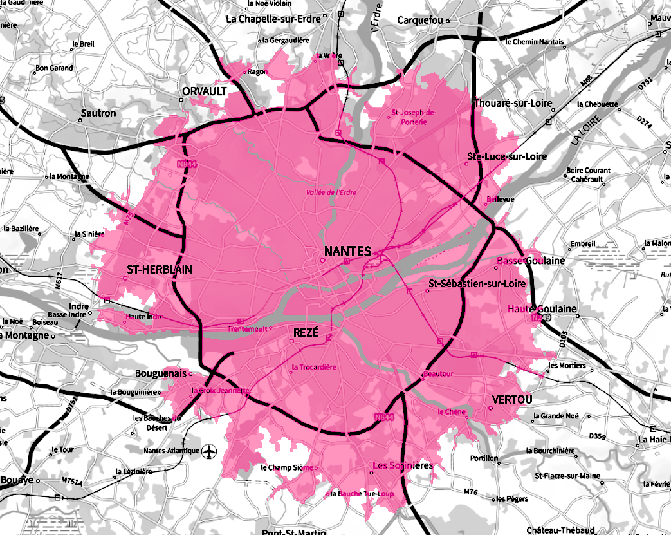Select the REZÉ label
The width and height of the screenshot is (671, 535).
306,332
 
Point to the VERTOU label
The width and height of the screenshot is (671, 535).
512,400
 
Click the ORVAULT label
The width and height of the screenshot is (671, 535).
205,91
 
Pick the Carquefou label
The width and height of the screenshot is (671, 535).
419,20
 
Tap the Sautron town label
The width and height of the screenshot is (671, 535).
98,113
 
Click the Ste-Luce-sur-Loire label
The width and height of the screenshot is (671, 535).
507,156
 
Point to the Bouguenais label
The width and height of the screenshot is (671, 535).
160,373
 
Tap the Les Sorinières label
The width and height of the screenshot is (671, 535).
403,465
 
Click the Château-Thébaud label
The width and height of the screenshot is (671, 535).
560,530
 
